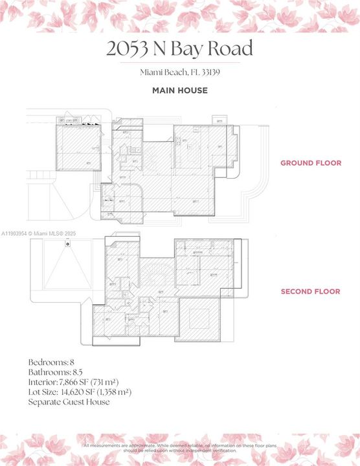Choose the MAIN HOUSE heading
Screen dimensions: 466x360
point(179,91)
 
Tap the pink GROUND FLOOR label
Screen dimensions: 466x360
point(310,163)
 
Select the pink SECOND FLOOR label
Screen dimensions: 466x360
point(310,292)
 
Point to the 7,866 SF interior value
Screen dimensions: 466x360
point(81,382)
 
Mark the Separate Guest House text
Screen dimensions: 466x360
point(69,402)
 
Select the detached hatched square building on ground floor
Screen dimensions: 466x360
point(78,148)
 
